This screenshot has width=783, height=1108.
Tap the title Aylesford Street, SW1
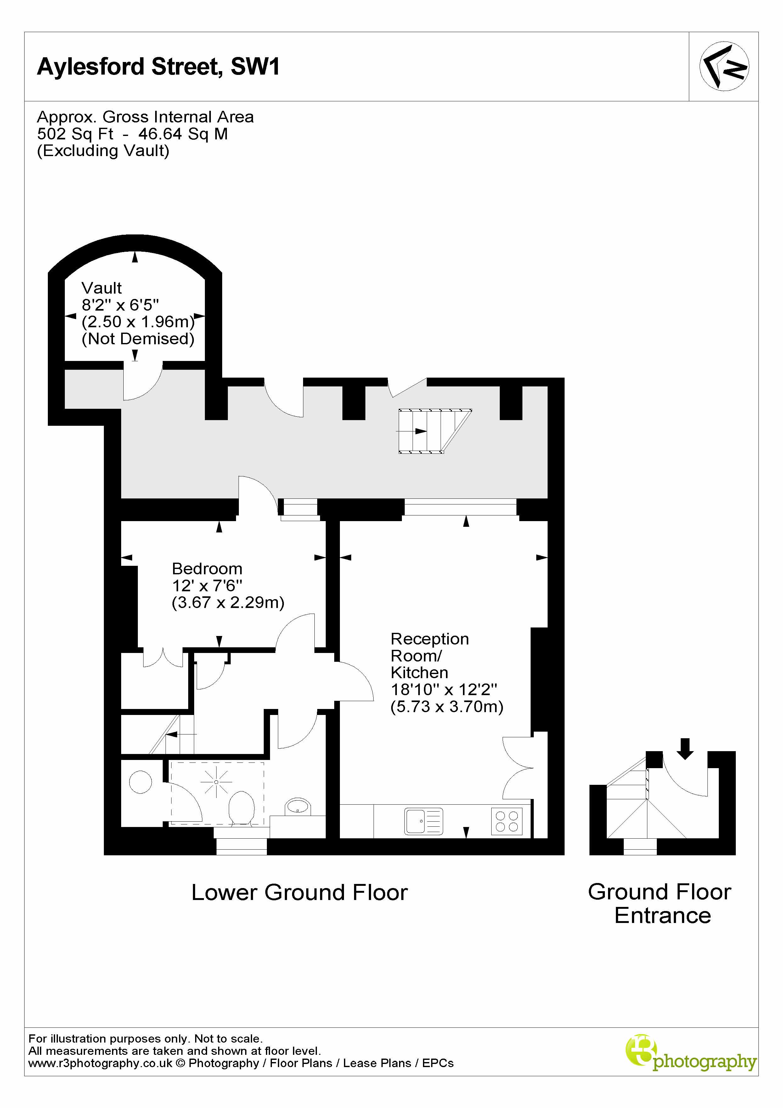coord(158,67)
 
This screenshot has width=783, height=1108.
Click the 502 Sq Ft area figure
coord(75,134)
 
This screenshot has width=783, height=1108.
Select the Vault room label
coord(101,288)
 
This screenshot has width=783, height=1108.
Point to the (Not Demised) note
coord(138,339)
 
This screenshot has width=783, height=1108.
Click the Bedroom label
coord(207,569)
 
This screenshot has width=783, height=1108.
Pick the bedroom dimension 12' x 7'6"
coord(207,585)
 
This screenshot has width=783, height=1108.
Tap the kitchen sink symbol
coord(423,821)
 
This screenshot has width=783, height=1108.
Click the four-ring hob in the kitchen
coord(506,821)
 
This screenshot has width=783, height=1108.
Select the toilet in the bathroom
coord(241,808)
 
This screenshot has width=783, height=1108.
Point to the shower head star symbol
coord(216,782)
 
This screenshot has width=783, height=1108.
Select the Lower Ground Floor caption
coord(299,892)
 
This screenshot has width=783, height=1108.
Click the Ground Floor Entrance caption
coord(660,903)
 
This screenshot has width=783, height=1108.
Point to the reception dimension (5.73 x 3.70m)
coord(447,706)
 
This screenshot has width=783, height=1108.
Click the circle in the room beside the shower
coord(140,782)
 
